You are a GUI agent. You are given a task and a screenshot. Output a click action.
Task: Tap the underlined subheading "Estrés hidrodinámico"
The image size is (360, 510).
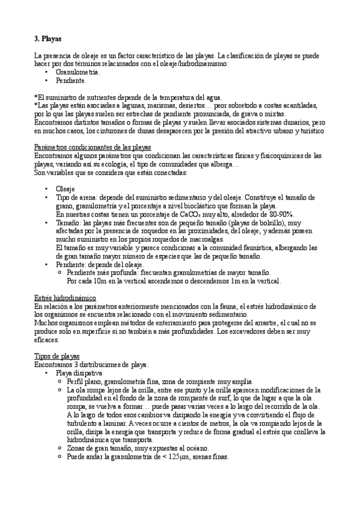[64, 298]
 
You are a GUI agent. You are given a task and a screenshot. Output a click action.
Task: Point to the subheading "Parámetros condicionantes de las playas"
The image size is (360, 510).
[93, 148]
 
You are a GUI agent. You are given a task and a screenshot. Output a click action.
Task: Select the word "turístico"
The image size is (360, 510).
[310, 130]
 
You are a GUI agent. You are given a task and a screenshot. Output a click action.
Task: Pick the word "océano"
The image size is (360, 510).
[195, 447]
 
